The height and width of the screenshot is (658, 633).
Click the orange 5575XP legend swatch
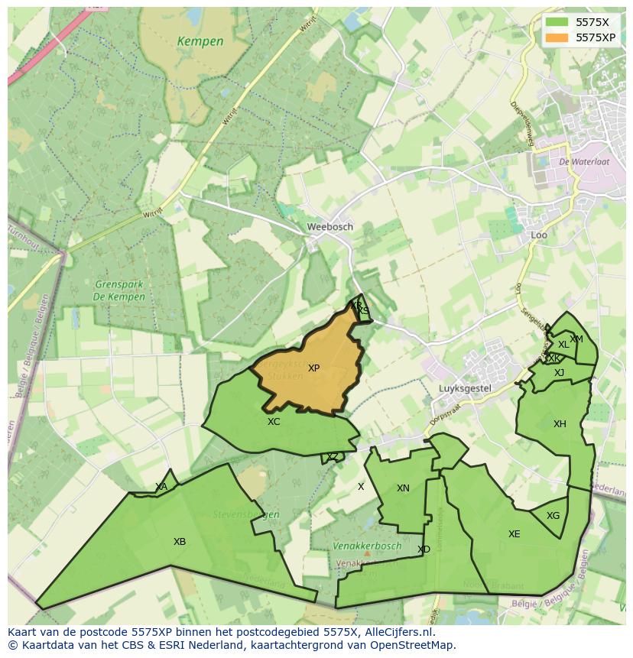[557, 37]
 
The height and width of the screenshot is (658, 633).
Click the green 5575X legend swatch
[557, 22]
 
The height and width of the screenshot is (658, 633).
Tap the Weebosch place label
[329, 227]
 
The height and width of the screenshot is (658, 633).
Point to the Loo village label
[539, 235]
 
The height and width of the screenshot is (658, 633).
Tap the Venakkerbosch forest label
[367, 546]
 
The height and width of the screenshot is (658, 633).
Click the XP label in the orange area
[313, 368]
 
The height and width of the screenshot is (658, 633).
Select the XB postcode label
[180, 542]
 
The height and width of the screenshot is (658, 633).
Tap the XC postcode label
[274, 422]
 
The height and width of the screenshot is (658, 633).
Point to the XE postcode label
[514, 534]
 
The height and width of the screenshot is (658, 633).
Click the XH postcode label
[560, 424]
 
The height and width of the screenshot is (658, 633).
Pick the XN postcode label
[403, 488]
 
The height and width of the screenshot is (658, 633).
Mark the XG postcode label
[553, 516]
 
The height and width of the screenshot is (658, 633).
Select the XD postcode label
[424, 549]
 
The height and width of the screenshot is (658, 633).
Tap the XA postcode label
[161, 487]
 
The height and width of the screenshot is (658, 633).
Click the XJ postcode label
[559, 373]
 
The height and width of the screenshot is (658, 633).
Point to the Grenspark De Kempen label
[119, 291]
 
